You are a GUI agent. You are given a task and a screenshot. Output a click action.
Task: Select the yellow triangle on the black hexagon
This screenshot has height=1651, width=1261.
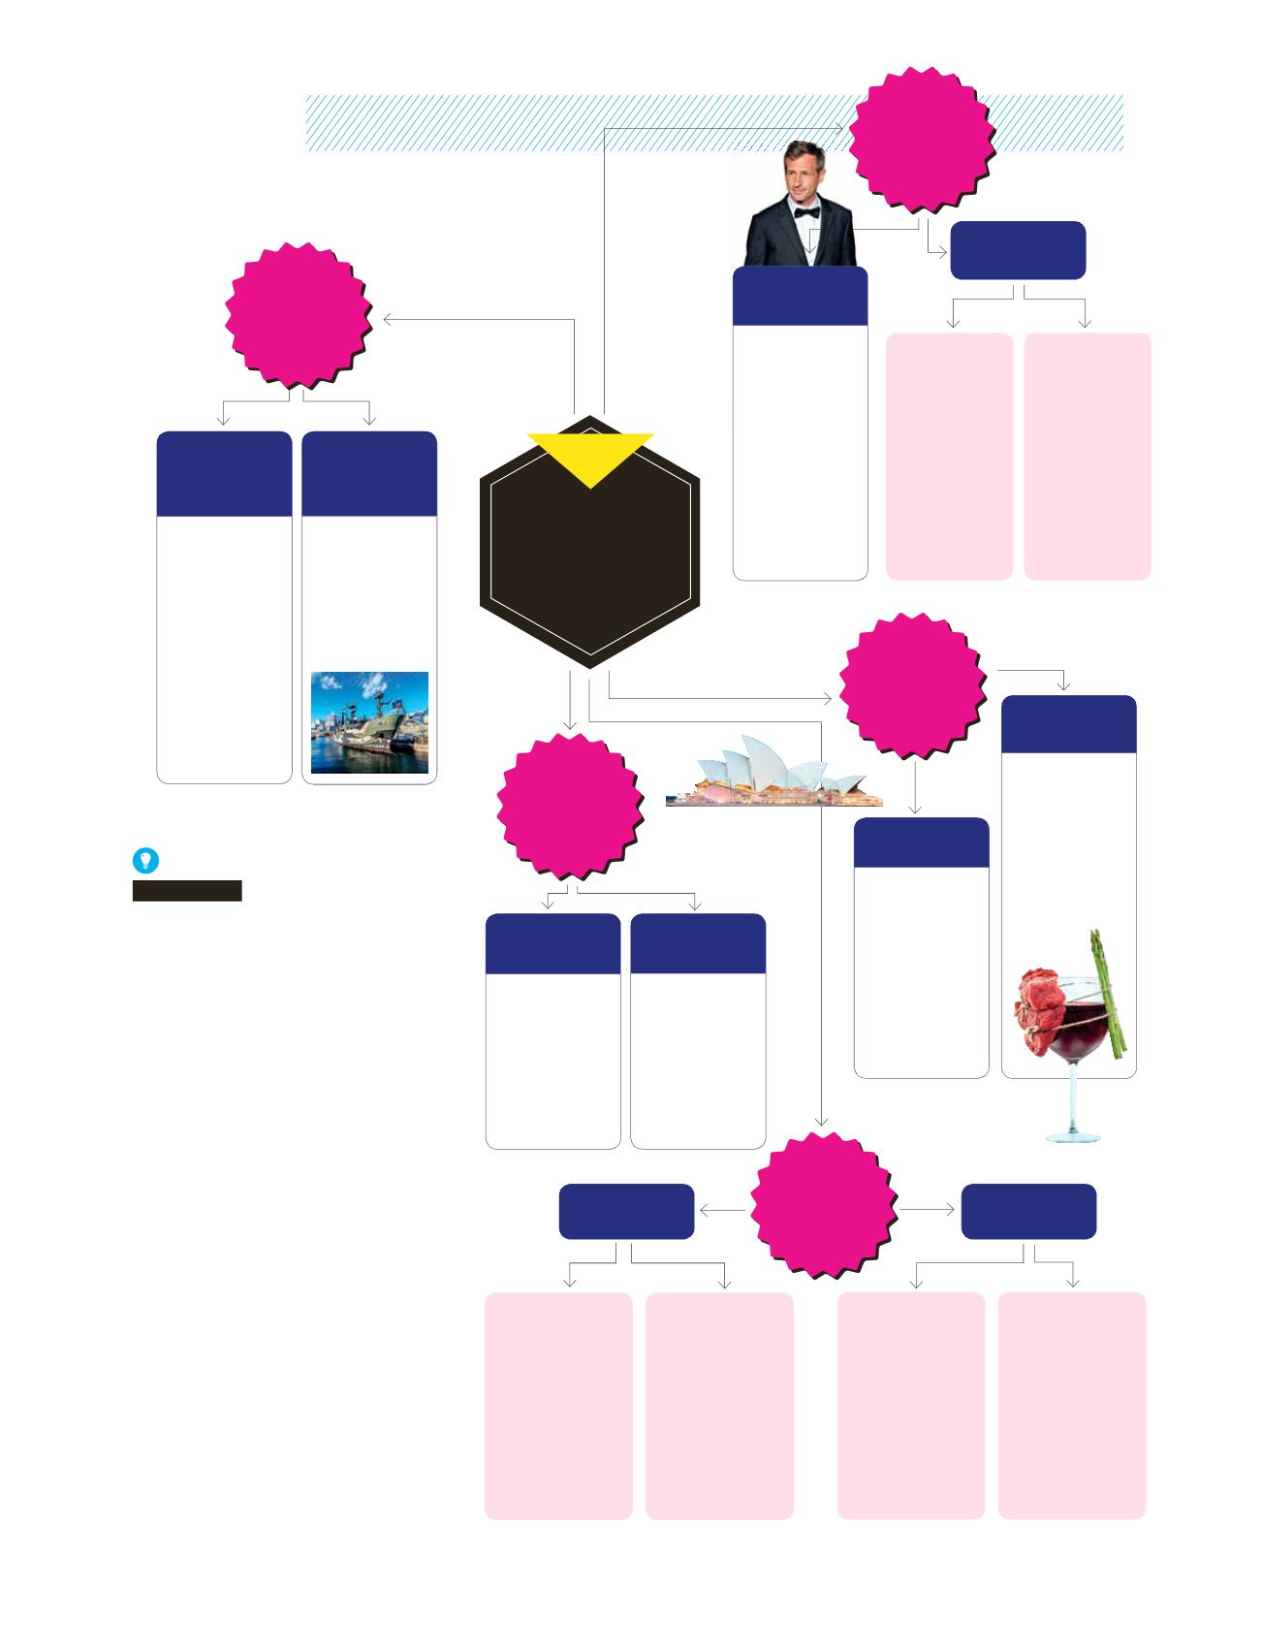pos(590,456)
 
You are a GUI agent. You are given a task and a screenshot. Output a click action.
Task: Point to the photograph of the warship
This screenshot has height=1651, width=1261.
pos(369,722)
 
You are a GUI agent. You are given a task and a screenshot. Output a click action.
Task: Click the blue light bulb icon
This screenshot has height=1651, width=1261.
pos(144,860)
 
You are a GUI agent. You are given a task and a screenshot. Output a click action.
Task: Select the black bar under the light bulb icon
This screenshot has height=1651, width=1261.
pos(187,891)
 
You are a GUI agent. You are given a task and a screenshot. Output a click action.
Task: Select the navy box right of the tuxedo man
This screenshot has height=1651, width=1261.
pos(1018,249)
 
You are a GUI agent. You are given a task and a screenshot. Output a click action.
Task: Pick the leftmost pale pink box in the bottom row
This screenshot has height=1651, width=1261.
pos(558,1405)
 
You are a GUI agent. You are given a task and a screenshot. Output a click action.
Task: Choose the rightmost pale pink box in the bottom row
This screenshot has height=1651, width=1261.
pos(1072,1405)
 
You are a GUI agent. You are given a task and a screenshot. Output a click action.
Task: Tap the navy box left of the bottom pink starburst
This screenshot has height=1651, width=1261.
pos(626,1211)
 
